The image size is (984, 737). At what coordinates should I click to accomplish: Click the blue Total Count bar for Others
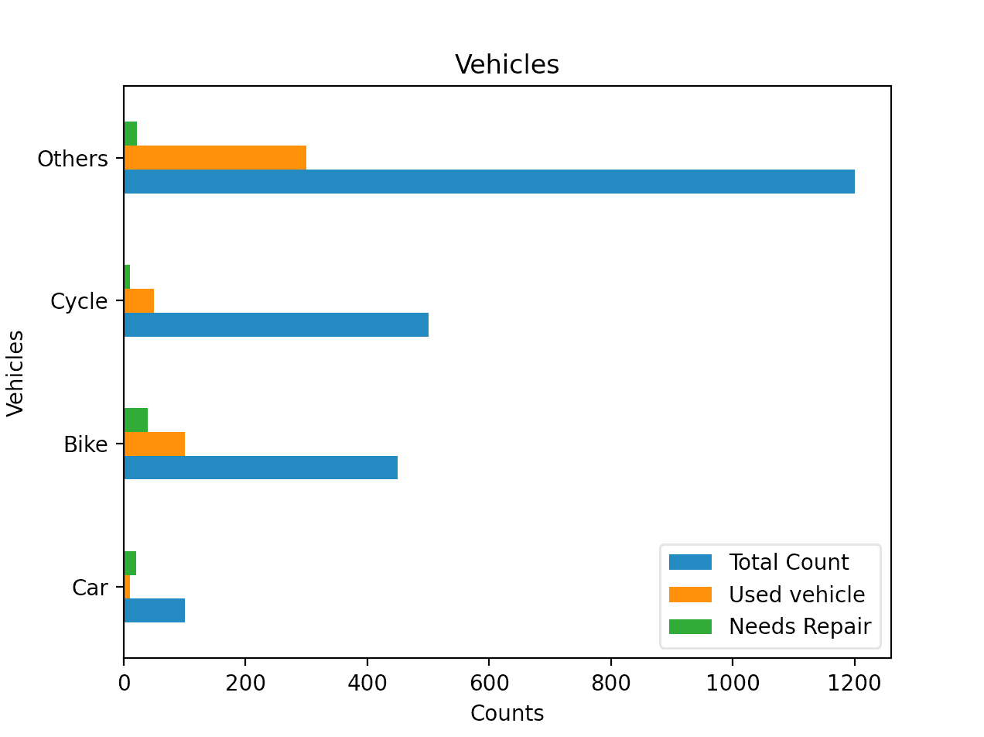click(489, 182)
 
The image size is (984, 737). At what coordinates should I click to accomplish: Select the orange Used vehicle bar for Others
click(215, 158)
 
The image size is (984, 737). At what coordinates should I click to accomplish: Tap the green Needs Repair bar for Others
click(130, 134)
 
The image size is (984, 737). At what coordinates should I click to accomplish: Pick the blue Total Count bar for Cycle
click(276, 324)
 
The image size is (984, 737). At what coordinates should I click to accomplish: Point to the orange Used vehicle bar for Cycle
click(139, 300)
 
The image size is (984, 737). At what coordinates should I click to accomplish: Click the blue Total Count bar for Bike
click(261, 468)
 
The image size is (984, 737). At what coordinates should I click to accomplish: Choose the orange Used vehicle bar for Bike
click(155, 444)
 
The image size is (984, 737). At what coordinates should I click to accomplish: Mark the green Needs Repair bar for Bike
click(136, 420)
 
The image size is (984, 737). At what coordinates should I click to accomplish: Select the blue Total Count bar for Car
click(155, 610)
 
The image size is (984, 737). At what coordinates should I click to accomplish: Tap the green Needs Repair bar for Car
click(130, 563)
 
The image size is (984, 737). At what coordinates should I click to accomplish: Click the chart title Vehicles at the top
click(507, 65)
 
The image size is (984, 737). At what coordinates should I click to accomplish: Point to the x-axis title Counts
click(507, 713)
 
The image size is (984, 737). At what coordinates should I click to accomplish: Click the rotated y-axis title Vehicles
click(16, 372)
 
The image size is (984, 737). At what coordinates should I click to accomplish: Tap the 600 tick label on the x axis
click(489, 682)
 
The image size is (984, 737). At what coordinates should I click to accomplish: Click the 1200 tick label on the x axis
click(854, 682)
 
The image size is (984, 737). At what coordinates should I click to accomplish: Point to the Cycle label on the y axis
click(79, 301)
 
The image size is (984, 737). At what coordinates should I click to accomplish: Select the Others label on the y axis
click(73, 159)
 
